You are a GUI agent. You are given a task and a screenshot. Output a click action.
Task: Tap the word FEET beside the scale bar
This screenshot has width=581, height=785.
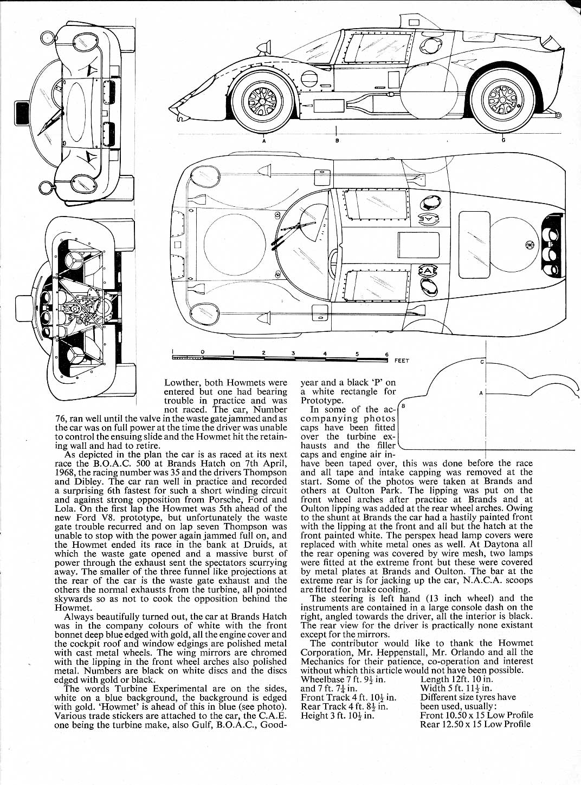(x=402, y=361)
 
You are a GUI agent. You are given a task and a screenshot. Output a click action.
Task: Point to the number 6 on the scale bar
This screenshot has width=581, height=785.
(x=387, y=355)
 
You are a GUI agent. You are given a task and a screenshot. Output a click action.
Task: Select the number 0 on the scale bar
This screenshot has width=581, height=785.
(x=202, y=352)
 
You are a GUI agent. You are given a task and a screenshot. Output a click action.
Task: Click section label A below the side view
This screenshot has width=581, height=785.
(x=263, y=141)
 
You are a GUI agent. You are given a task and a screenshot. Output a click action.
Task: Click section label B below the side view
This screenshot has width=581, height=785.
(x=337, y=141)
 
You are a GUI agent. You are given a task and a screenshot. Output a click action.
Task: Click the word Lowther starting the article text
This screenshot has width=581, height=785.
(x=181, y=383)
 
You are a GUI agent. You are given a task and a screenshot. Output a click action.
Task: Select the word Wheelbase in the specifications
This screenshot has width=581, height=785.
(x=322, y=679)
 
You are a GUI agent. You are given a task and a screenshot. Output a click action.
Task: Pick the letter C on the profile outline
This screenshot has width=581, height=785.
(x=482, y=362)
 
